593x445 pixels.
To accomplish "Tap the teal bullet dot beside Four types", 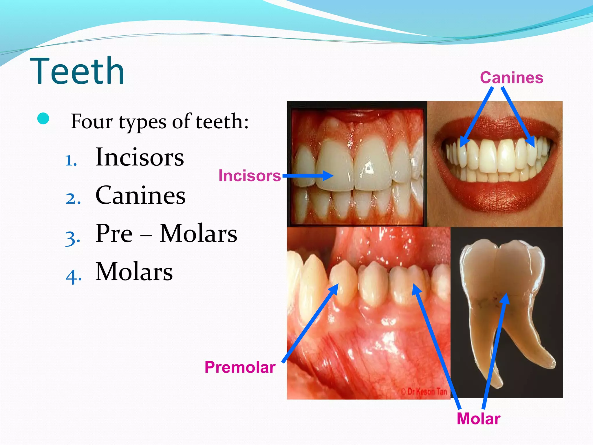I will pyautogui.click(x=43, y=118).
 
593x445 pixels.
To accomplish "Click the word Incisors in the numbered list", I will pyautogui.click(x=140, y=157).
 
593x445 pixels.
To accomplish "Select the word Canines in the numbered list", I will pyautogui.click(x=140, y=196).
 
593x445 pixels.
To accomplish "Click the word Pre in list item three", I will pyautogui.click(x=114, y=234).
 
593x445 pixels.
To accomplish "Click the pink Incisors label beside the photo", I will pyautogui.click(x=249, y=176).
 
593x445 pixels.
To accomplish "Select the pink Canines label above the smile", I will pyautogui.click(x=512, y=78).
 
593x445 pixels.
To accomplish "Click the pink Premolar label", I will pyautogui.click(x=240, y=367).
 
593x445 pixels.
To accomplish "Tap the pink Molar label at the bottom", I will pyautogui.click(x=478, y=419).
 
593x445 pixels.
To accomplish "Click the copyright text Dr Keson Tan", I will pyautogui.click(x=424, y=392).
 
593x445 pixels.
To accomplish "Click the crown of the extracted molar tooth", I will pyautogui.click(x=502, y=264).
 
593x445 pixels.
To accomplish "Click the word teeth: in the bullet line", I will pyautogui.click(x=222, y=122).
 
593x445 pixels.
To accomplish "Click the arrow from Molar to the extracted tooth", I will pyautogui.click(x=495, y=351).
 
